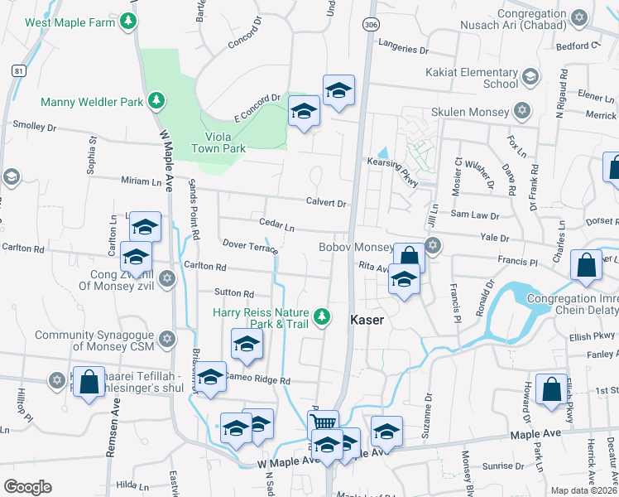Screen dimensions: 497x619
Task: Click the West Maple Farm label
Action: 70,22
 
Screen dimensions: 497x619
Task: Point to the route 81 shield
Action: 18,72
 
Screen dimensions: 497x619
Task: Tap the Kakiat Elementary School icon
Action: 530,78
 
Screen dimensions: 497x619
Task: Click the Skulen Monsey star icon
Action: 521,110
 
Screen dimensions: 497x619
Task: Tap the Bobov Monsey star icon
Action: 432,245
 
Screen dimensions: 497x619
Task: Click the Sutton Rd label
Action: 234,293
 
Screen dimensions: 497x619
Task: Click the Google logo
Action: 27,487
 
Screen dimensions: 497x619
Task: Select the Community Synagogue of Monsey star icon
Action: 167,338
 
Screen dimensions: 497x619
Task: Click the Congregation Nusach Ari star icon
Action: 579,17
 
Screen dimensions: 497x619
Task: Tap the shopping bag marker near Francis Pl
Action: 586,266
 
